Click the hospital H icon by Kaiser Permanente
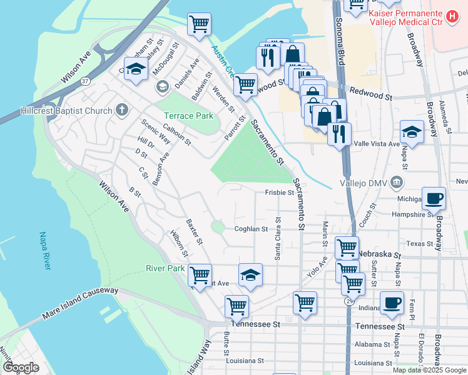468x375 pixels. coord(451,14)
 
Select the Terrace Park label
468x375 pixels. coord(188,116)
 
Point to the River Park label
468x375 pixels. coord(165,268)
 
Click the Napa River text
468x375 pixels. coord(44,250)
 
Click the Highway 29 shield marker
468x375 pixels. coord(347,301)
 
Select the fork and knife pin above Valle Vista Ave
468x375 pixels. coord(339,134)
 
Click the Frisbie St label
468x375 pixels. coord(279,192)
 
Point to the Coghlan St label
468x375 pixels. coord(251,229)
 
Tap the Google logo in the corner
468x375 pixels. coord(21,367)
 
